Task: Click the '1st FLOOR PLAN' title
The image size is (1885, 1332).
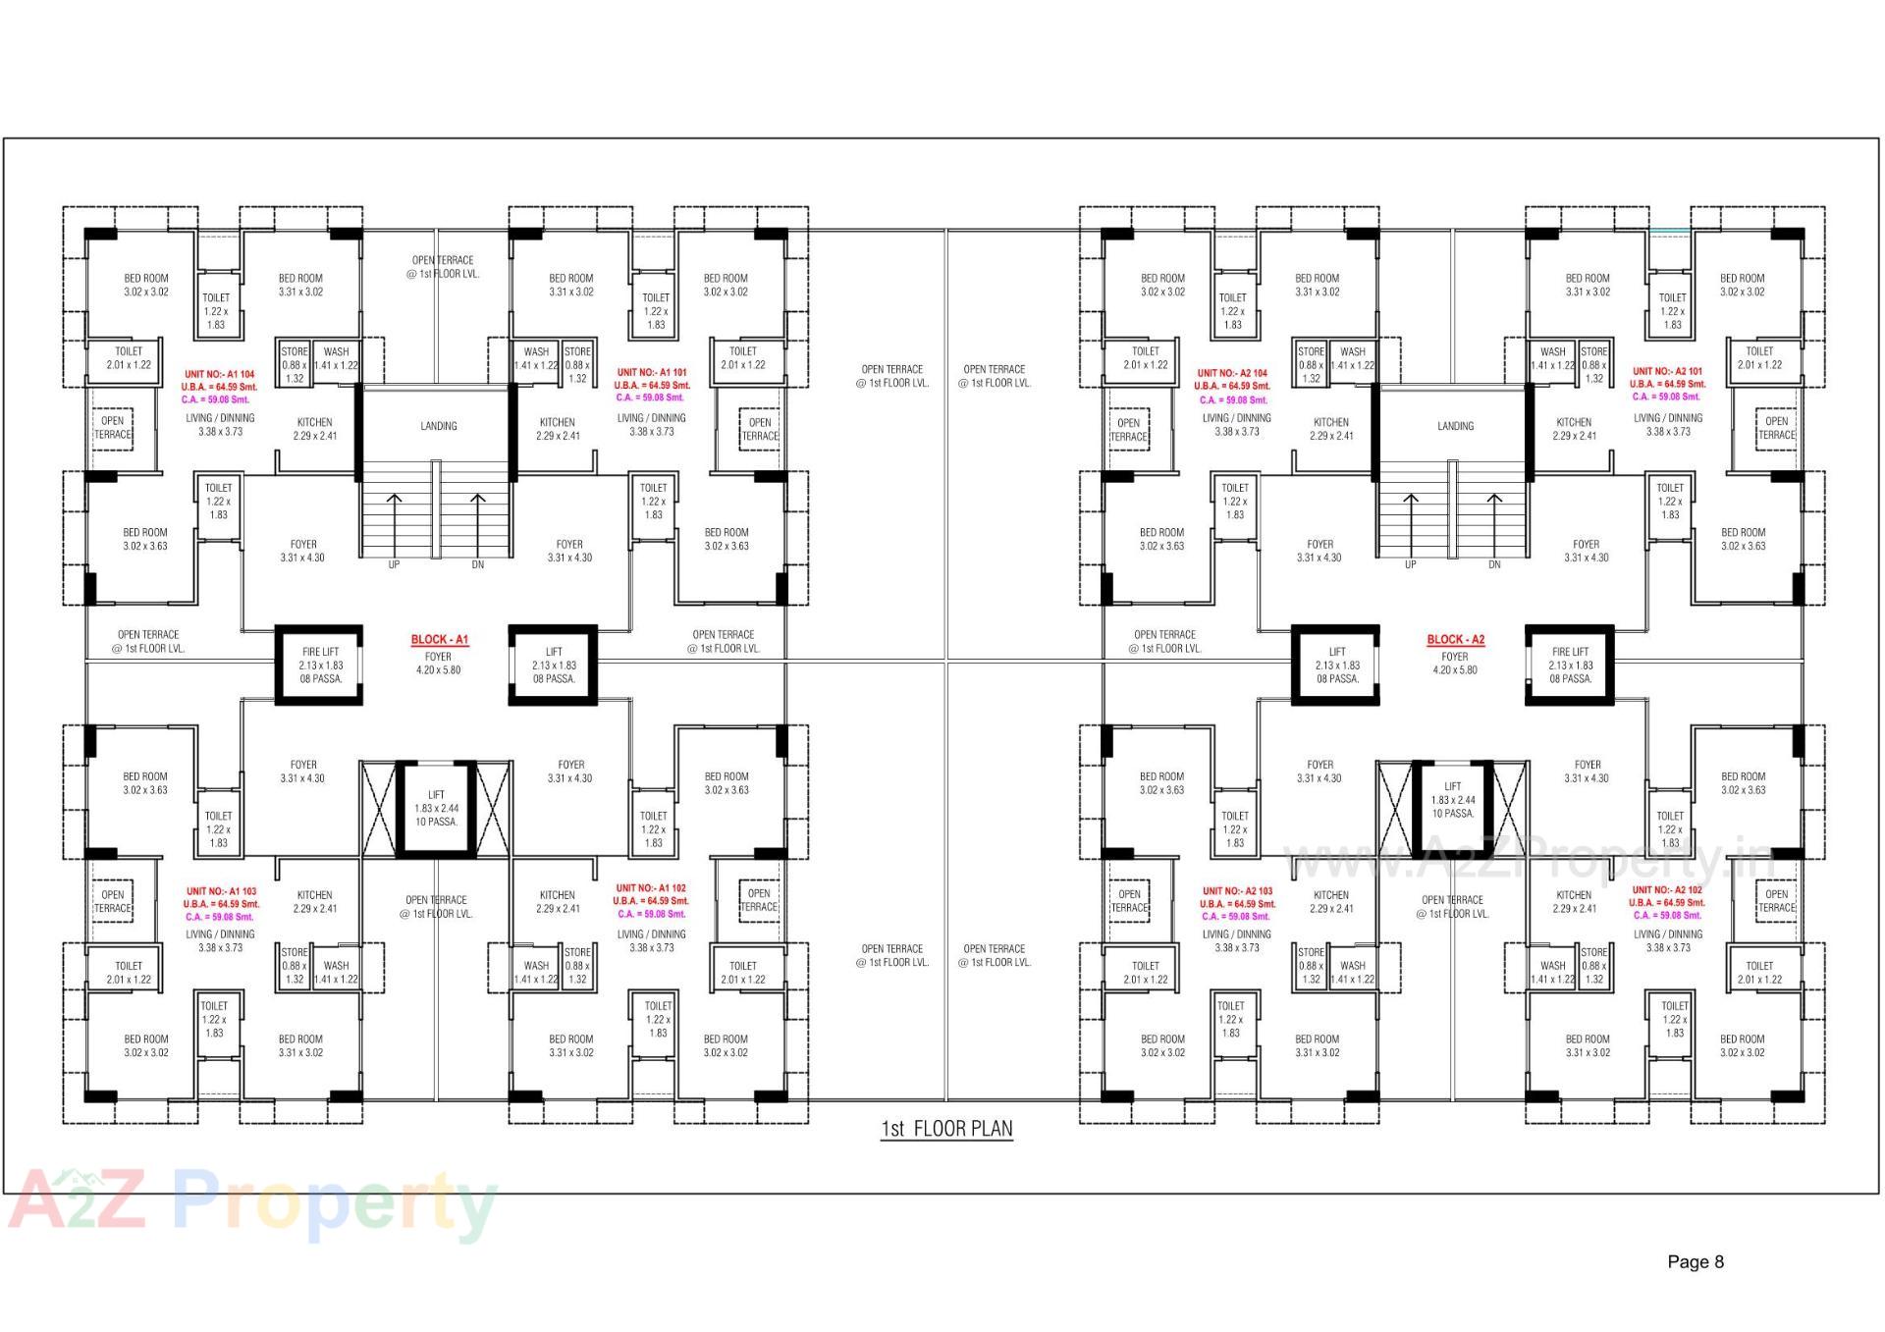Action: (946, 1129)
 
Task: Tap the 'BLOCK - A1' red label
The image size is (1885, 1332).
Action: (439, 639)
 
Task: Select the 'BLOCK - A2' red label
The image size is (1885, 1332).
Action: (1455, 639)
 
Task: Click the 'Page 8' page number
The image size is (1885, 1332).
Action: (1695, 1262)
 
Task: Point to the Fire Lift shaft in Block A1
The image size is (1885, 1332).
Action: (320, 665)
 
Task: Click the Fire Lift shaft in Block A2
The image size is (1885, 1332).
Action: (1569, 665)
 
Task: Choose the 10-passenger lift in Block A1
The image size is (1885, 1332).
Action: (436, 808)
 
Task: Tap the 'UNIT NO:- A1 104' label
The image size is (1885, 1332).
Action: (220, 374)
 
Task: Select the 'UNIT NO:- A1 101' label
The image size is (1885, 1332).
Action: (651, 373)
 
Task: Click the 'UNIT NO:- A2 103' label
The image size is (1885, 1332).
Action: (1237, 891)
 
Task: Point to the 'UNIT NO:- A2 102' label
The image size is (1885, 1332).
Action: (1667, 890)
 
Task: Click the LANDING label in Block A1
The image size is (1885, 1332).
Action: (439, 426)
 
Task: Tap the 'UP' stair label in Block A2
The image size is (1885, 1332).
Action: (1410, 565)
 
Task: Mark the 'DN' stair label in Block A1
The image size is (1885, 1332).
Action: (478, 565)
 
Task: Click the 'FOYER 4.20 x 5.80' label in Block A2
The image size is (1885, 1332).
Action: (1455, 664)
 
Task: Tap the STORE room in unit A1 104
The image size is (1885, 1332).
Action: (294, 364)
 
